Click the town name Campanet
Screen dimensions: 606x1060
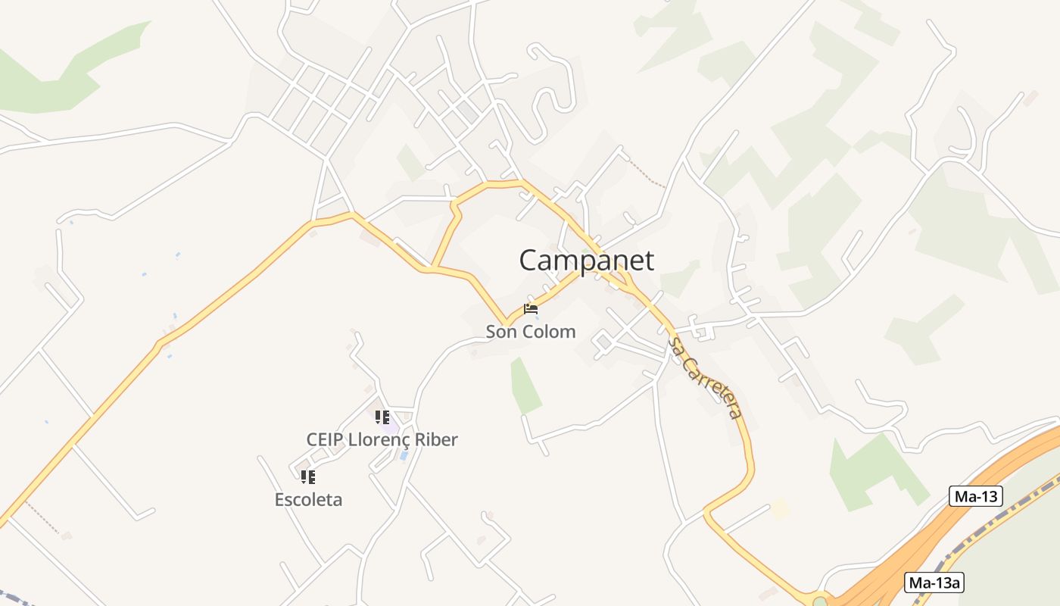(586, 261)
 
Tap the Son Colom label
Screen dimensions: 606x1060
(530, 332)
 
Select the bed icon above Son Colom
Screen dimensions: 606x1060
(530, 309)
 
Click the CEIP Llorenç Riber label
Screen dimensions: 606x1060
(382, 439)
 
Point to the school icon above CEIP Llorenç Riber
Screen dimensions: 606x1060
(382, 417)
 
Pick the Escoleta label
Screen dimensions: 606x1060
(308, 500)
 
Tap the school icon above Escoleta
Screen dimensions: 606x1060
(307, 476)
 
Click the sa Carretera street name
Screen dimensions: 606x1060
(703, 378)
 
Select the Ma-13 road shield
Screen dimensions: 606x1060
(975, 497)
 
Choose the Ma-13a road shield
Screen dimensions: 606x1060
(935, 583)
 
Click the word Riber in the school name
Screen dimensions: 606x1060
(436, 439)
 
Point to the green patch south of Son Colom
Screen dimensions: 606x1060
(525, 386)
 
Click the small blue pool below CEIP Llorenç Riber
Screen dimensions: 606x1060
(404, 455)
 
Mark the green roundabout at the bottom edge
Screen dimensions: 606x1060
(819, 602)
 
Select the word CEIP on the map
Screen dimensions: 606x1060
(325, 439)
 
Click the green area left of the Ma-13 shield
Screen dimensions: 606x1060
(871, 470)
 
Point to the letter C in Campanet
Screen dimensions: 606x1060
(530, 261)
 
